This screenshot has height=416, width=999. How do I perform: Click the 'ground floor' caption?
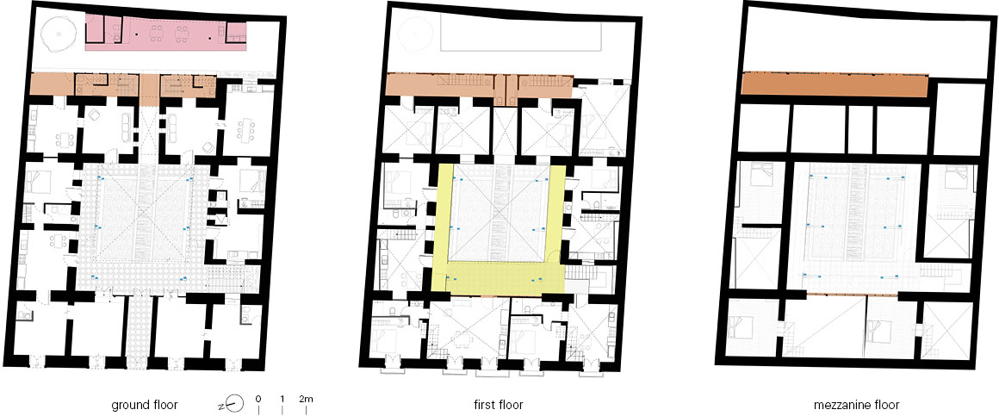click(144, 405)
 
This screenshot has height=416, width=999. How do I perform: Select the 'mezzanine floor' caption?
click(856, 405)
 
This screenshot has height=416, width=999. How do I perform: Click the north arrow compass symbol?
click(234, 403)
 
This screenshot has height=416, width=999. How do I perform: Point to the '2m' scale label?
click(307, 400)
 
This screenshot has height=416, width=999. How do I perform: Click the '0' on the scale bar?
click(258, 400)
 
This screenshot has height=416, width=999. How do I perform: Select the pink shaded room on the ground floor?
click(166, 33)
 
